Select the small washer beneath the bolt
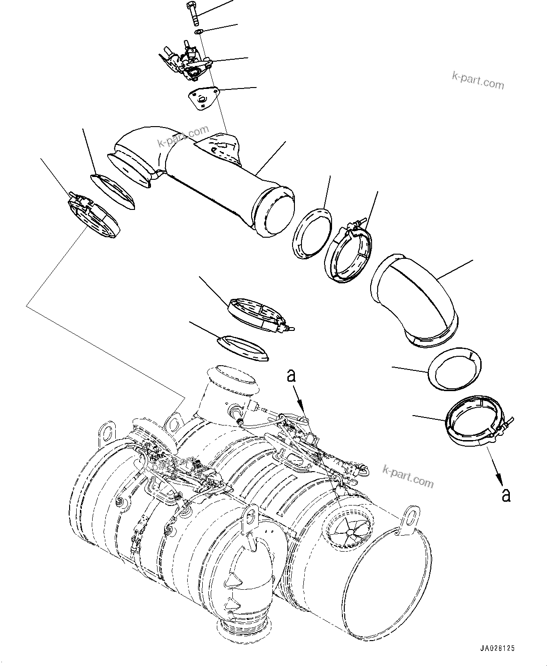coord(199,32)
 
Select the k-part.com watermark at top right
coord(478,81)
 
